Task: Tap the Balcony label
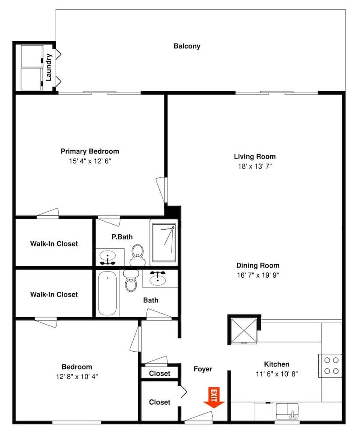[x=187, y=46]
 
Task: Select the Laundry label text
[x=49, y=67]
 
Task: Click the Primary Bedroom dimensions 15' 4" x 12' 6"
[x=90, y=161]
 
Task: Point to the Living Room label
[x=255, y=156]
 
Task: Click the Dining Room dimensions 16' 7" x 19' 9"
[x=258, y=275]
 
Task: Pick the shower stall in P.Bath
[x=163, y=242]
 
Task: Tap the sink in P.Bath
[x=107, y=258]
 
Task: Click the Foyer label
[x=203, y=369]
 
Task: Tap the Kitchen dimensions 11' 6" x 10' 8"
[x=277, y=374]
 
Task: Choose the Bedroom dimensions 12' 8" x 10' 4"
[x=77, y=376]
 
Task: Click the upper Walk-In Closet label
[x=54, y=244]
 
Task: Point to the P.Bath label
[x=122, y=237]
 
